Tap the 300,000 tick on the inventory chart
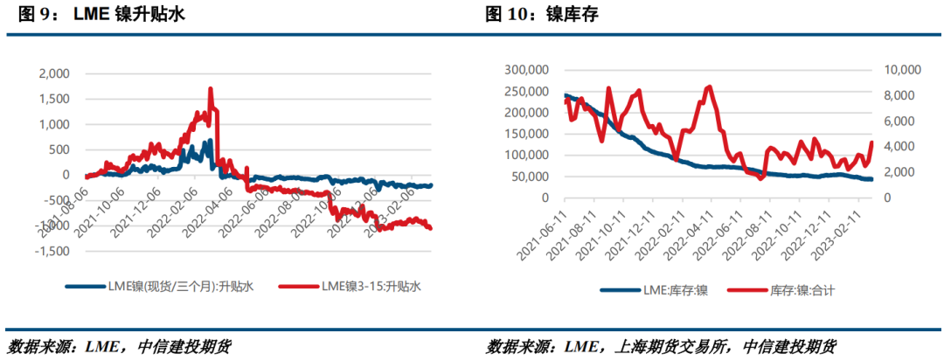point(524,70)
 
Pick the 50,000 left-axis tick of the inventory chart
point(527,177)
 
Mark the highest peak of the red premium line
point(211,89)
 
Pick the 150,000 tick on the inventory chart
point(524,134)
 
